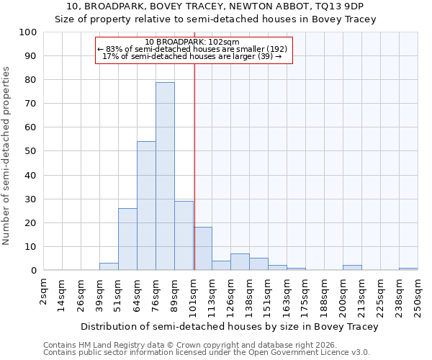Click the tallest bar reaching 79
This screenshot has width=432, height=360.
[165, 176]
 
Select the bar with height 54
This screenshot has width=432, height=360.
[146, 206]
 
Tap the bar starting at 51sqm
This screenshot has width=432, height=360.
[127, 239]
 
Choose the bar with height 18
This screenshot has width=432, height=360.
[202, 249]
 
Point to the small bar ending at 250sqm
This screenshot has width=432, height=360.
[408, 269]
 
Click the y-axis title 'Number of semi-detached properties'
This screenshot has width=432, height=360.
[7, 156]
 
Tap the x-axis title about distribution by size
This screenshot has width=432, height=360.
[229, 327]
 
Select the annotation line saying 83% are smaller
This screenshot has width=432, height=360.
[192, 49]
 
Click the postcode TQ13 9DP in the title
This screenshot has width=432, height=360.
[341, 6]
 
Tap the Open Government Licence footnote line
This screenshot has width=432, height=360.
[207, 353]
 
